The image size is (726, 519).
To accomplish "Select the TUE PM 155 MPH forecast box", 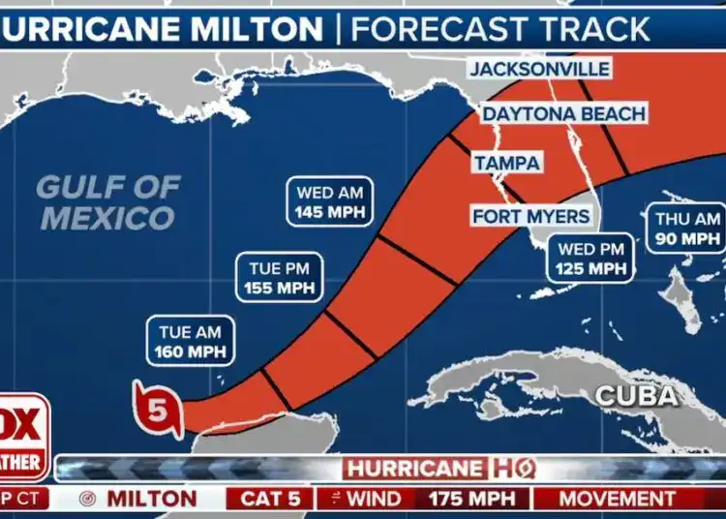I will click(x=279, y=277).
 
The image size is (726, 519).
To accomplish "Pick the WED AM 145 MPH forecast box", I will click(x=330, y=201).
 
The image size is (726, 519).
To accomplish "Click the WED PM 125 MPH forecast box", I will click(x=590, y=259).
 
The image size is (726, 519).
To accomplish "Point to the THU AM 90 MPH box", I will click(x=687, y=229).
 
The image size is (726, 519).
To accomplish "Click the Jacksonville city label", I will click(x=539, y=70).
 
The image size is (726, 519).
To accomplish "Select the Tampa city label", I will click(x=506, y=164).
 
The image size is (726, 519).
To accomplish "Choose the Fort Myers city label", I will click(x=529, y=215).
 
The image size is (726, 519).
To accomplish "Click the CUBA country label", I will click(x=635, y=395).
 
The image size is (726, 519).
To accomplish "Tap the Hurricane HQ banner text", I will click(x=439, y=470).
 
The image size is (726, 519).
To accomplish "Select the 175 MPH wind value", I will click(x=469, y=500).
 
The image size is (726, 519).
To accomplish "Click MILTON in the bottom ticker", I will click(x=150, y=500).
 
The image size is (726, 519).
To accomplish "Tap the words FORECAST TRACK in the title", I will click(x=499, y=29).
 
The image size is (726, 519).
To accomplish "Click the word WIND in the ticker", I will click(x=374, y=500).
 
